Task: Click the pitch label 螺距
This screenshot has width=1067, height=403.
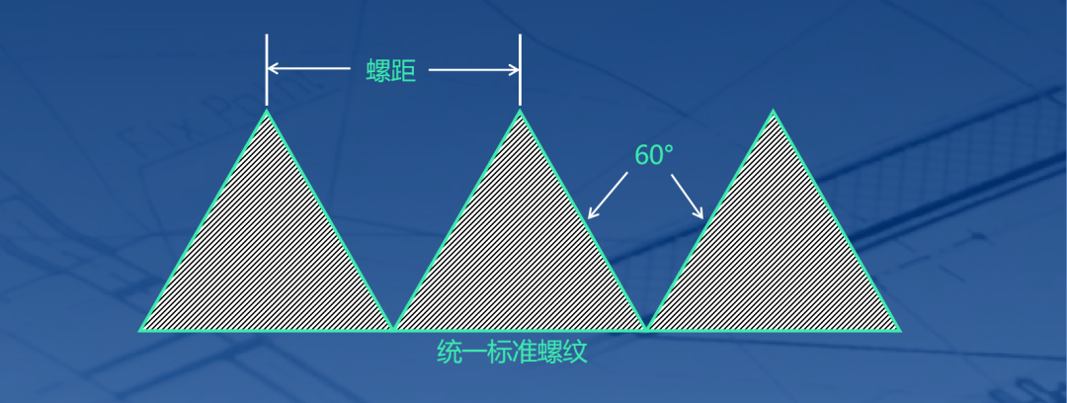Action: (x=391, y=71)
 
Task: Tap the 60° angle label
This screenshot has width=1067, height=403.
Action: (x=653, y=156)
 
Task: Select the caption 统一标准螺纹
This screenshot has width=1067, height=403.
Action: (x=512, y=353)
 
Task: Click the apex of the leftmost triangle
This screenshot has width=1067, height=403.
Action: (x=266, y=111)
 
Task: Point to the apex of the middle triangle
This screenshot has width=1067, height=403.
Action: (x=520, y=111)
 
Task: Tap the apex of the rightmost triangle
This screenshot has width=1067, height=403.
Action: (x=774, y=111)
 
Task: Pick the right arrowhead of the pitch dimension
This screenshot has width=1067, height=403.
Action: (x=514, y=69)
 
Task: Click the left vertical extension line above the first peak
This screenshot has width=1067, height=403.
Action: (x=266, y=69)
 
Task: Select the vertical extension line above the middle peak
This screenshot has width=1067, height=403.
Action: (x=520, y=69)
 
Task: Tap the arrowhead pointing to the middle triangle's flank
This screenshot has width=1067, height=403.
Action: (x=591, y=214)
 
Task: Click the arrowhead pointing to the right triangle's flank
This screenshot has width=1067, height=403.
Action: (x=700, y=215)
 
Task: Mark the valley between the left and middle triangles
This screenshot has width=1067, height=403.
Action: (x=393, y=328)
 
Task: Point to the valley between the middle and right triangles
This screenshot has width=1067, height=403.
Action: (x=646, y=328)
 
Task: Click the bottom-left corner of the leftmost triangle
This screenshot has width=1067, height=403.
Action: (x=141, y=329)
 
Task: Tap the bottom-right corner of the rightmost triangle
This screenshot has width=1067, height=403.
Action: (x=899, y=329)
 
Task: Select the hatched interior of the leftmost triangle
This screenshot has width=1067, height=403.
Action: (x=266, y=257)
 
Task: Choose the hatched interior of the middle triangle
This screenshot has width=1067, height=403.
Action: (x=520, y=257)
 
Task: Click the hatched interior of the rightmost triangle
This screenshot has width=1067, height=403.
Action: (x=774, y=257)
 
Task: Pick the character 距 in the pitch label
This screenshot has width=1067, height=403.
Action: (x=404, y=71)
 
